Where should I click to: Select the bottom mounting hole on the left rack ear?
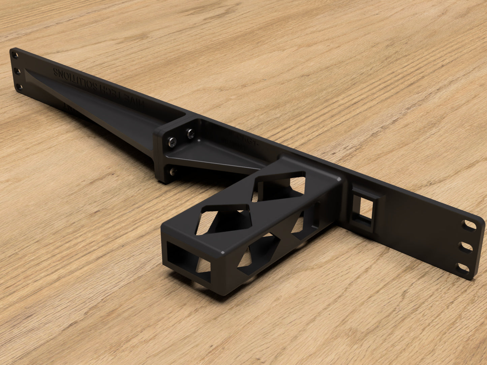[x=20, y=87]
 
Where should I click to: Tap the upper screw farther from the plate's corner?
[x=191, y=134]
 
